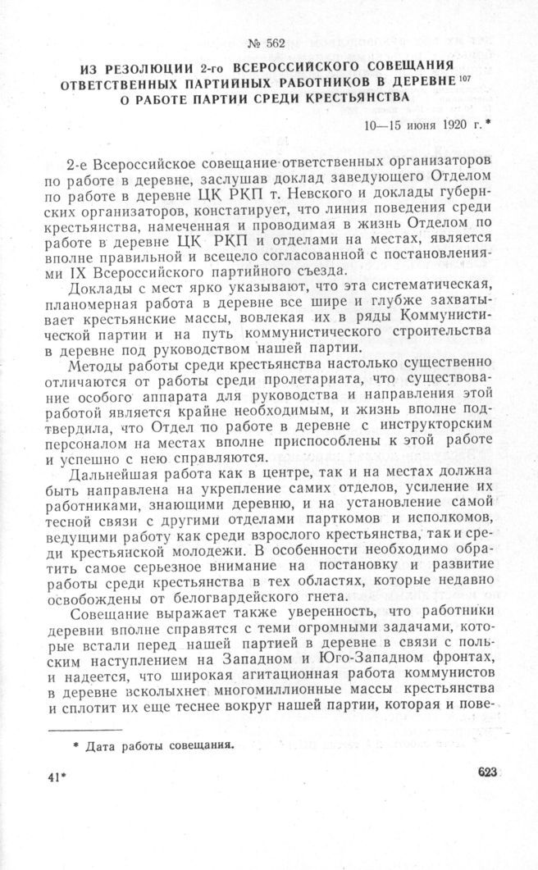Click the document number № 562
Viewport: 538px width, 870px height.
point(268,44)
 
